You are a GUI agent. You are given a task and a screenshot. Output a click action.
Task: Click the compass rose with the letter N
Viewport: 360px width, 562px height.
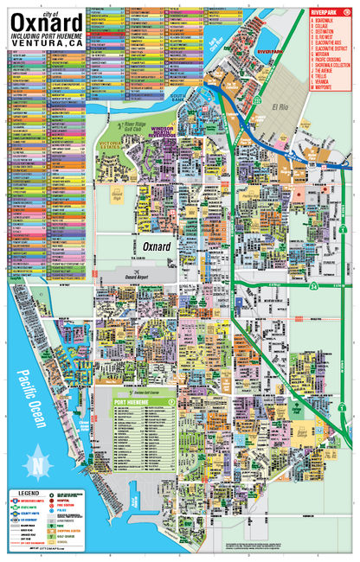tap(37, 465)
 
